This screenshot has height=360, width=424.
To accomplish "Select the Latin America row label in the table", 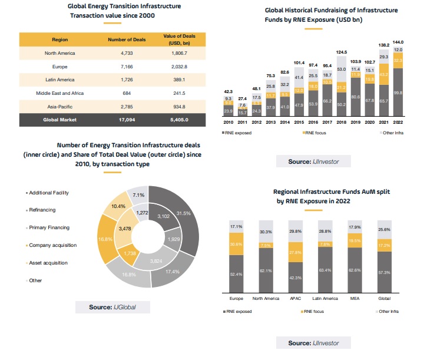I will [x=59, y=80].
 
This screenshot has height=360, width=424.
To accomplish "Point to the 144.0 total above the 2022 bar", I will [x=399, y=43].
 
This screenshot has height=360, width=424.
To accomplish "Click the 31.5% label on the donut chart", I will [x=184, y=213].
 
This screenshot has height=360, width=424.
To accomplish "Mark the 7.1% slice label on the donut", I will [x=139, y=194].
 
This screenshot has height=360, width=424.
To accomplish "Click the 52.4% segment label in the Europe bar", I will [x=235, y=274].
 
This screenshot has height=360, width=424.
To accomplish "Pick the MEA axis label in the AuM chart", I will [x=354, y=299].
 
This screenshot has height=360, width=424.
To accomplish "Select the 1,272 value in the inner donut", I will [x=142, y=213].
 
